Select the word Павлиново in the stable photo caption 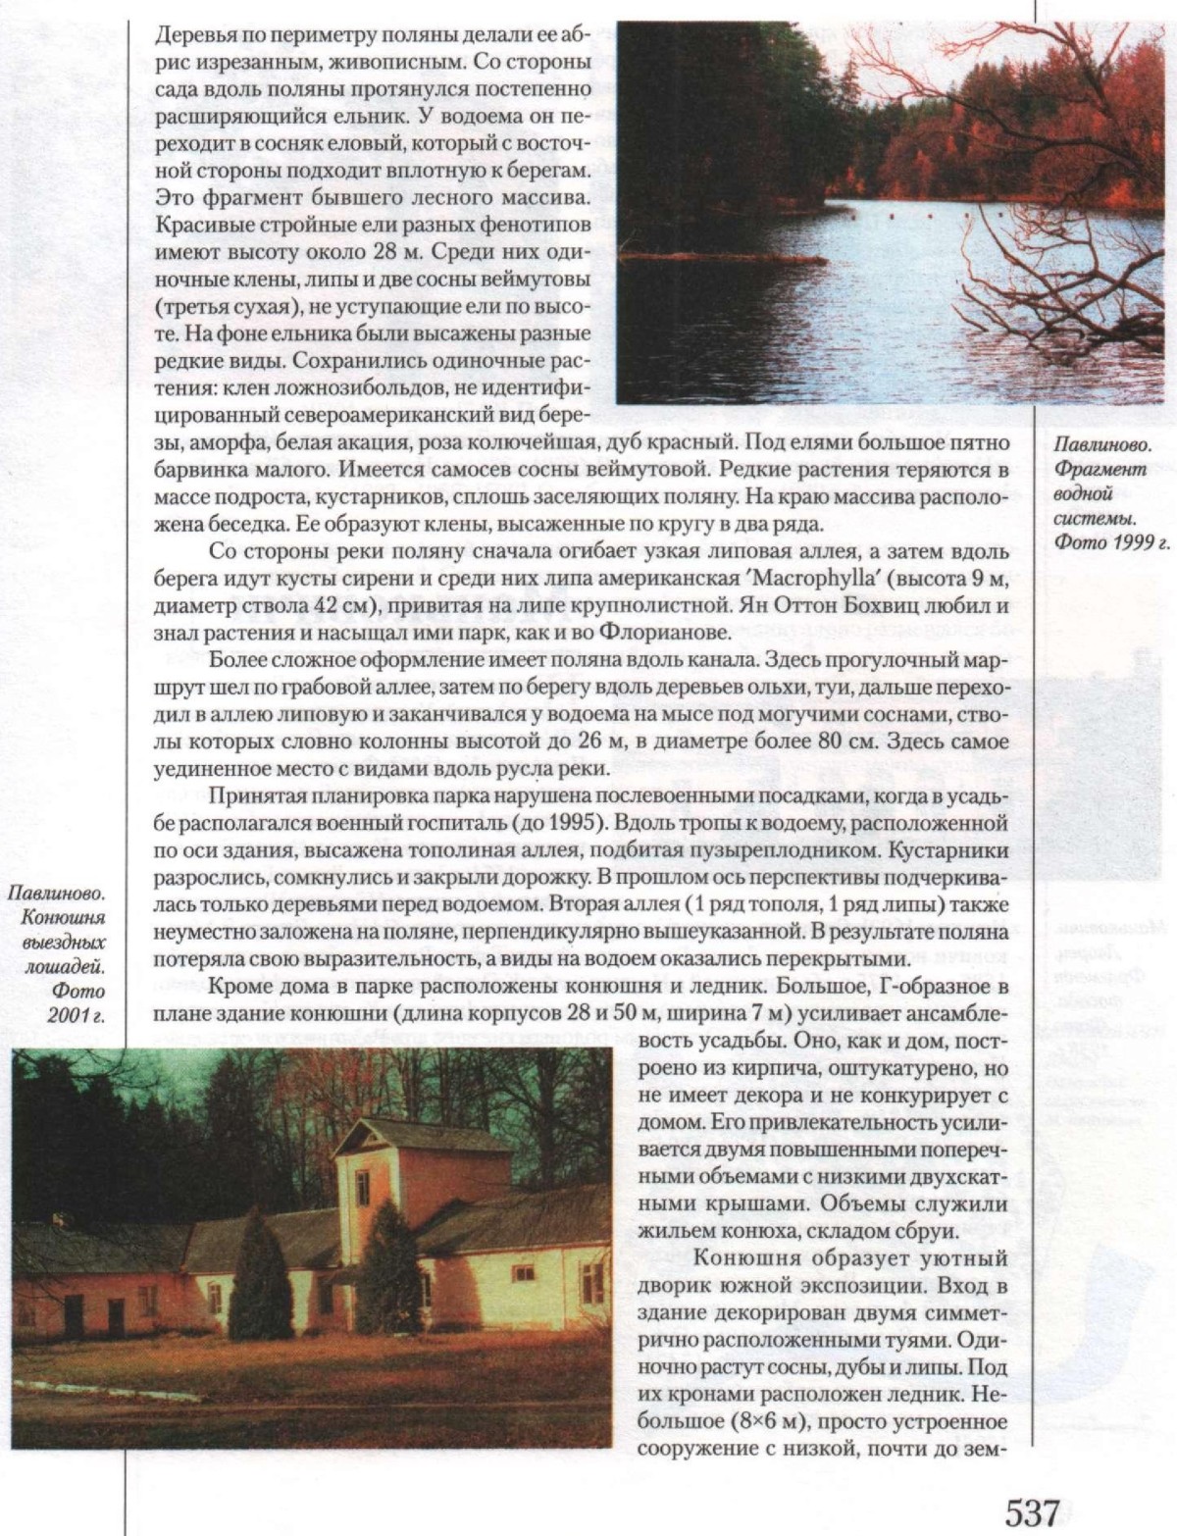pyautogui.click(x=57, y=895)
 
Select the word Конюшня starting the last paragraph pyautogui.click(x=738, y=1258)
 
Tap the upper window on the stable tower pyautogui.click(x=362, y=1187)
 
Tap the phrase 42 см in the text pyautogui.click(x=325, y=604)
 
